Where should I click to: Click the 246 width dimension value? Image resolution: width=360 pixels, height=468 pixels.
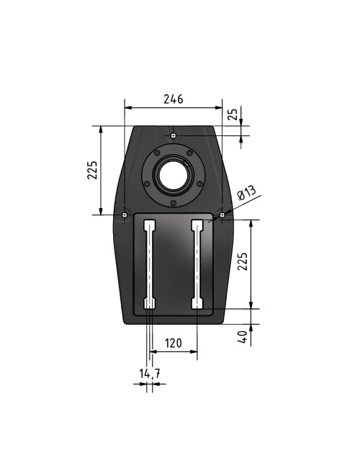(174, 99)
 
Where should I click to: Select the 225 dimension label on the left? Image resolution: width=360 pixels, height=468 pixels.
(91, 170)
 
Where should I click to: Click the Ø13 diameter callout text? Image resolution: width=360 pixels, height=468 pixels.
(246, 194)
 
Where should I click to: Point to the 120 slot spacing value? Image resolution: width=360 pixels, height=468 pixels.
(173, 344)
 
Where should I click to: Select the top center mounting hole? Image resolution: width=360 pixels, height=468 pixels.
(174, 135)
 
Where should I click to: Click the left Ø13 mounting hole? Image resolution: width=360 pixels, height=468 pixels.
(125, 215)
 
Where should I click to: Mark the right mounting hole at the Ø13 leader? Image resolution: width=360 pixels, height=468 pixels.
(222, 214)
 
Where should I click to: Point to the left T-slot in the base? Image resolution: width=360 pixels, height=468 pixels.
(149, 263)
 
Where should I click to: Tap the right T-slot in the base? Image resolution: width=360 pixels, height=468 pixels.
(197, 263)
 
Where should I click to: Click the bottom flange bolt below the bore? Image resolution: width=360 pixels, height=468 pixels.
(174, 203)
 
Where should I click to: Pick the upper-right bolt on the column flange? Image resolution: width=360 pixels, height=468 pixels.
(189, 152)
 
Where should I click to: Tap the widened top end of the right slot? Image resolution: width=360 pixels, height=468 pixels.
(197, 225)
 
